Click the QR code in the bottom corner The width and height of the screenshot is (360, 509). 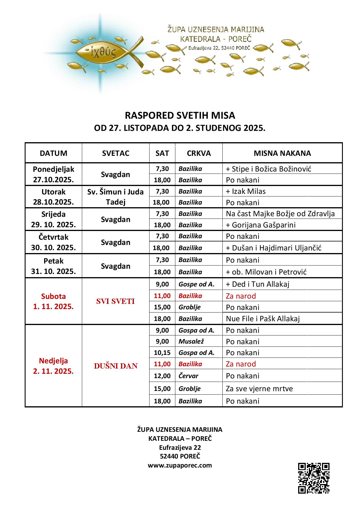click(x=314, y=478)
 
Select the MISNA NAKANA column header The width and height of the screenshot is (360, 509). click(x=282, y=153)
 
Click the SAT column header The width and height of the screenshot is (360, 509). click(x=162, y=153)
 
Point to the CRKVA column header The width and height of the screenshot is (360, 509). click(x=199, y=153)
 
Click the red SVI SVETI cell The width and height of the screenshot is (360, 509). click(x=116, y=301)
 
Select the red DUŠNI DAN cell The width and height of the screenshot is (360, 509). click(x=116, y=366)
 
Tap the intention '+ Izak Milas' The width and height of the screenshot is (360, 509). click(x=246, y=191)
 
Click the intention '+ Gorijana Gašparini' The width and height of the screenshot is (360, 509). click(x=261, y=225)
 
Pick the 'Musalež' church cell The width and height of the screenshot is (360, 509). click(x=191, y=342)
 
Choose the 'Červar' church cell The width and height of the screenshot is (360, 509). click(x=188, y=376)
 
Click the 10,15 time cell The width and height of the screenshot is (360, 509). click(x=162, y=353)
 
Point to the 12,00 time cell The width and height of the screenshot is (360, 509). click(x=162, y=376)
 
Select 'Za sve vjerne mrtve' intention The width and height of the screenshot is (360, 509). click(x=259, y=389)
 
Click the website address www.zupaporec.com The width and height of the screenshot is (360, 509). click(x=180, y=465)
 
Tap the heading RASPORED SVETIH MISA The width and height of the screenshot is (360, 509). click(x=180, y=115)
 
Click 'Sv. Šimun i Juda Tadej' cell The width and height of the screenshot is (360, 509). click(x=116, y=197)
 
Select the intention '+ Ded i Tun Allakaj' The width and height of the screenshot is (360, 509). click(x=258, y=284)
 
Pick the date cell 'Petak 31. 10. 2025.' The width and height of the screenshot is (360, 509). click(x=54, y=266)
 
